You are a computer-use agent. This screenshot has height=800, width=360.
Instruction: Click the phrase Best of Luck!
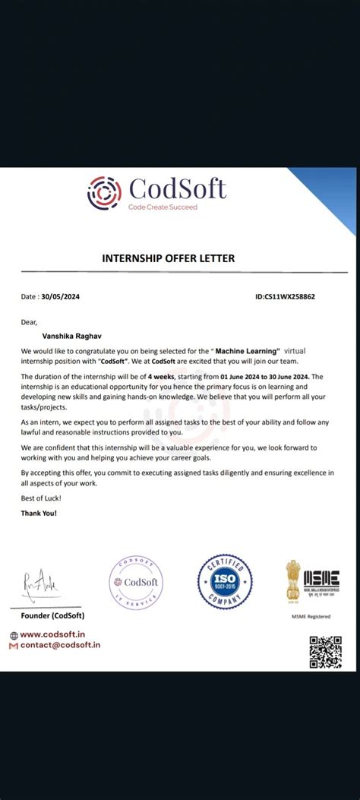[41, 498]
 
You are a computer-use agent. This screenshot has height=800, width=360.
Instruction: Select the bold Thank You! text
[39, 514]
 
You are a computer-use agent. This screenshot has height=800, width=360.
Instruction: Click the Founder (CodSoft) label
[53, 615]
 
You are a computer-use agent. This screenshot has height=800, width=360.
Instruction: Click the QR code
[325, 652]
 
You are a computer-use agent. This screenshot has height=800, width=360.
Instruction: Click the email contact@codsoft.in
[60, 645]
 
